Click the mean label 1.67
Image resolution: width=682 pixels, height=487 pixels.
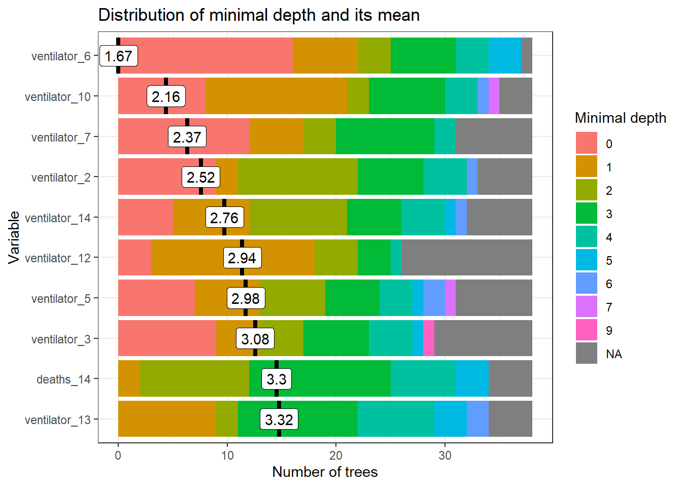(119, 56)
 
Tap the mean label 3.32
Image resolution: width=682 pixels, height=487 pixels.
(279, 420)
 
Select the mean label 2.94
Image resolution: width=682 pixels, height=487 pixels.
(242, 258)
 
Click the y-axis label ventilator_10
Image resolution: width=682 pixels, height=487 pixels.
(58, 96)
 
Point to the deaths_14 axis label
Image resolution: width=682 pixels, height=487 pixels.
(63, 379)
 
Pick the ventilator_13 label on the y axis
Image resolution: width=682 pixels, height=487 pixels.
(58, 420)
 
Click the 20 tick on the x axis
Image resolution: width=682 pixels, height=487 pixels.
(336, 455)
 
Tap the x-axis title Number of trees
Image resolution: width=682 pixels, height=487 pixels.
(325, 472)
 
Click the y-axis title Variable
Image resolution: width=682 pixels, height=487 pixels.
(14, 237)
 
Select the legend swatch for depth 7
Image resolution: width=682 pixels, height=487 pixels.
(587, 306)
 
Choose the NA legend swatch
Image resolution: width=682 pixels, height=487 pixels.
(587, 353)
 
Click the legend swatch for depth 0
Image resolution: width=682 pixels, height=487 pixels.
(587, 143)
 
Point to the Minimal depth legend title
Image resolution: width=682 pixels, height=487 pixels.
(620, 118)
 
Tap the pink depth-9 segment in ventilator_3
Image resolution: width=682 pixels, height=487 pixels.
(429, 338)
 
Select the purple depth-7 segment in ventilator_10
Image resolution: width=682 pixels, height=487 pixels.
(494, 96)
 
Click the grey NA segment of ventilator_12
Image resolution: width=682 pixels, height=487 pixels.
(467, 258)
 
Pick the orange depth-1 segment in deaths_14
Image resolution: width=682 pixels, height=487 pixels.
(129, 378)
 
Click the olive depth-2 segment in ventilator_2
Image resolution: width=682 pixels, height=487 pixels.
(298, 177)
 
